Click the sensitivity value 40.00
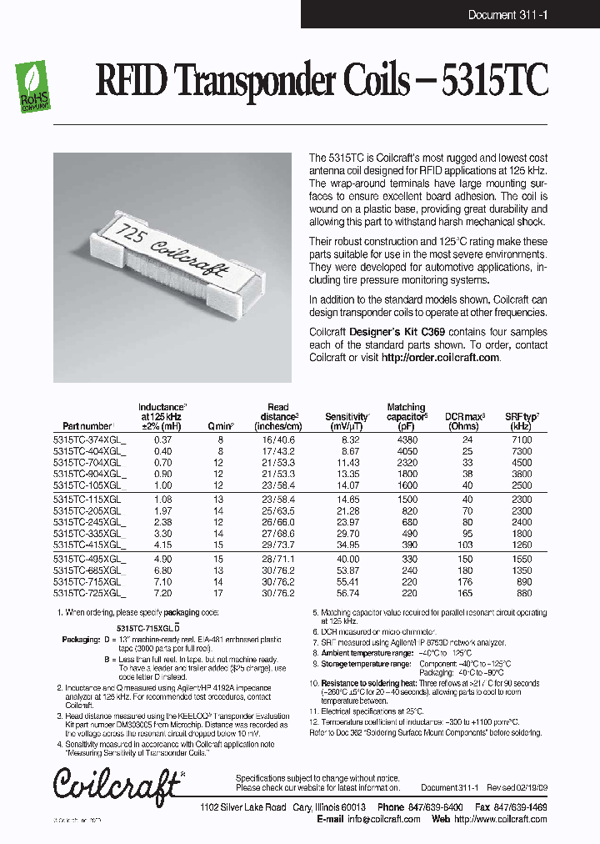click(x=349, y=558)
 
